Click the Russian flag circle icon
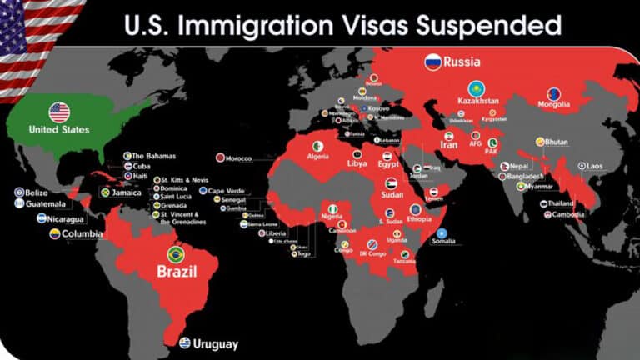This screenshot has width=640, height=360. click(x=432, y=62)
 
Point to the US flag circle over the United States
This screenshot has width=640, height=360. click(x=59, y=112)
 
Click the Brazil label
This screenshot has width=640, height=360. click(x=177, y=271)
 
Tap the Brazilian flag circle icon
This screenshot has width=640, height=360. click(x=176, y=253)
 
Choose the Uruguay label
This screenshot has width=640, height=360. click(x=215, y=344)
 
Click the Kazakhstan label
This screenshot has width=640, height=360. click(x=478, y=101)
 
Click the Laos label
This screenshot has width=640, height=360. click(x=594, y=167)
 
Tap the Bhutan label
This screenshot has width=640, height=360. click(x=557, y=142)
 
